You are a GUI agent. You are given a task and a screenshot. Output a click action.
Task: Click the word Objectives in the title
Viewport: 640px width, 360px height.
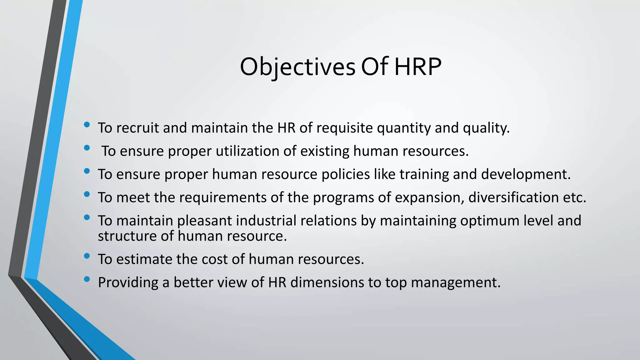point(297,67)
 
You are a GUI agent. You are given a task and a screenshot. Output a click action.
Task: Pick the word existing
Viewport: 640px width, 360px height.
point(325,151)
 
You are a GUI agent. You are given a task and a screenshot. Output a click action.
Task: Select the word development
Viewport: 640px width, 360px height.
point(526,174)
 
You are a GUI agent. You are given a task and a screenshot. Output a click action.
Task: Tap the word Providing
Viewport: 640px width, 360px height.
point(128,282)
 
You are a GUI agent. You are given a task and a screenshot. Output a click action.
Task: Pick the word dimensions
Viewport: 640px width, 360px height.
point(327,282)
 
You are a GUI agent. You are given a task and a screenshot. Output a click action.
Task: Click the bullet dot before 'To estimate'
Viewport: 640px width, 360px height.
point(87,256)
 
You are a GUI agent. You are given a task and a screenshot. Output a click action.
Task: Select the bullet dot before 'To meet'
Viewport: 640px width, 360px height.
point(87,194)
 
